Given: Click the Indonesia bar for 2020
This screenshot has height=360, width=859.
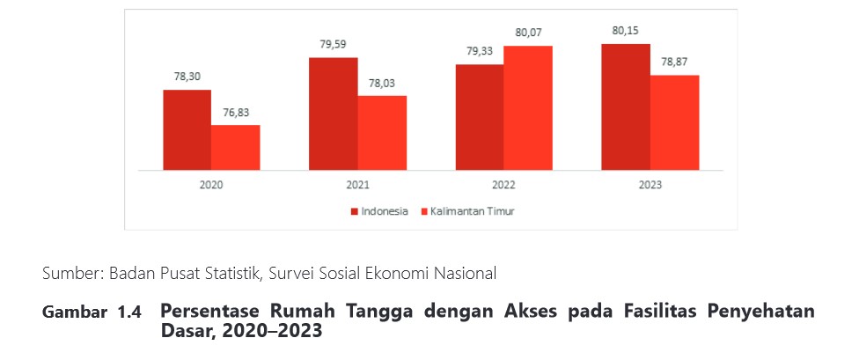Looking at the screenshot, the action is click(x=187, y=130).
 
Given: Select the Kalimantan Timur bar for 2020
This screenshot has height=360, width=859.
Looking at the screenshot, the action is click(x=236, y=147).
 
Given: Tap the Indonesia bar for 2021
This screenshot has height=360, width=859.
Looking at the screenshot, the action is click(x=333, y=114).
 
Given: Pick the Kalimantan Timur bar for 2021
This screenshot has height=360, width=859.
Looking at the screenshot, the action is click(x=382, y=133).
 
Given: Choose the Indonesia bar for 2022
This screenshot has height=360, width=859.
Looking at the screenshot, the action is click(x=480, y=117).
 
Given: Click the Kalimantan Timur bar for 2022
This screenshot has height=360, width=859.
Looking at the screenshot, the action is click(x=528, y=108).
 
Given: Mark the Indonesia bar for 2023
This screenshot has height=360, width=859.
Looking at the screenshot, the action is click(x=626, y=107).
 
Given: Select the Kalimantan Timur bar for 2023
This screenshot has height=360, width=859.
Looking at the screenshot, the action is click(x=674, y=122).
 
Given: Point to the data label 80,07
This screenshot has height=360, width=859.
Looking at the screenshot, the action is click(x=528, y=33).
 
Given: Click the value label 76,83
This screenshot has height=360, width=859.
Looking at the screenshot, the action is click(x=236, y=113).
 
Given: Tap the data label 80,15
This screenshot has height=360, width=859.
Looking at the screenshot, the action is click(x=626, y=31).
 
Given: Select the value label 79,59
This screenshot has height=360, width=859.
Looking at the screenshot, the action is click(x=334, y=44).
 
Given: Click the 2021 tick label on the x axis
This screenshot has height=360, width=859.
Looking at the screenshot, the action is click(x=357, y=185).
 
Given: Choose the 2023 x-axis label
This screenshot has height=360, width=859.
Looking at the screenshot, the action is click(x=650, y=185).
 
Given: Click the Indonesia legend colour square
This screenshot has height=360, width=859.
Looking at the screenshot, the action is click(x=355, y=211).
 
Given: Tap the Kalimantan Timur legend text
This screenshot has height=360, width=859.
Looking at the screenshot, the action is click(x=473, y=211).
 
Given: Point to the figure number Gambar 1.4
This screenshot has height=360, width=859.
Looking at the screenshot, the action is click(x=92, y=312).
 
